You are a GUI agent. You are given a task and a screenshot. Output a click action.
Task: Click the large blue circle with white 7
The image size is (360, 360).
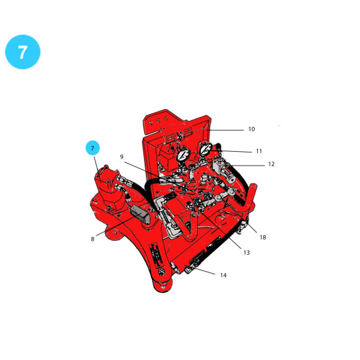click(x=23, y=52)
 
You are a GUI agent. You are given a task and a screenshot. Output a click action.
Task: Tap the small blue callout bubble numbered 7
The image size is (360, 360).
click(x=92, y=148)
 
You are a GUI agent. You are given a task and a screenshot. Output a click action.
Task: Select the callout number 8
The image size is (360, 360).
click(x=92, y=239)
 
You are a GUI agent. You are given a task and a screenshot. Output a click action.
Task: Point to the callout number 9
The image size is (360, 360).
click(x=122, y=157)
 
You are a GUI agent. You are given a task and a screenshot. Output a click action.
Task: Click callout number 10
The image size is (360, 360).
click(x=251, y=129)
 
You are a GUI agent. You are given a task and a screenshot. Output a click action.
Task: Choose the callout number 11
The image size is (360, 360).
click(x=259, y=151)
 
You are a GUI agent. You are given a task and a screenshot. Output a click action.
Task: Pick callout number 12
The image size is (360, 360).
click(x=271, y=164)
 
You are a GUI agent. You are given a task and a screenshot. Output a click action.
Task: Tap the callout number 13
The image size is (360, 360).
click(x=247, y=253)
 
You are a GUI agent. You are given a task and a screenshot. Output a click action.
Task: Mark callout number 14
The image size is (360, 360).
click(x=223, y=275)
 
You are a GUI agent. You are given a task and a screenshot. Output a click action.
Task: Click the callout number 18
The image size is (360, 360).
click(x=263, y=237)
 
